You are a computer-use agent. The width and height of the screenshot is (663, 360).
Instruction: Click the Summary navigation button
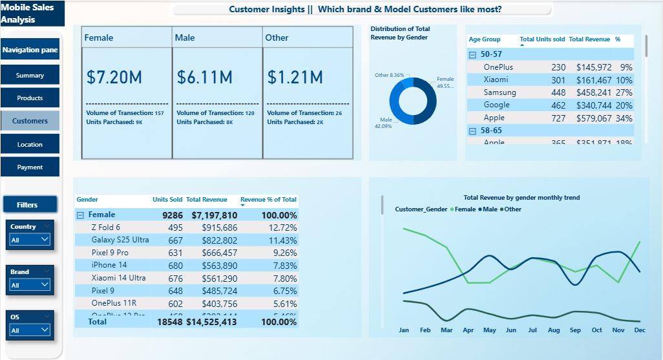point(30,76)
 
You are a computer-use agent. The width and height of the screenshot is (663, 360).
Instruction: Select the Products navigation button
point(30,98)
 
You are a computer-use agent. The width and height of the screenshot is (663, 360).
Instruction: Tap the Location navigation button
point(30,145)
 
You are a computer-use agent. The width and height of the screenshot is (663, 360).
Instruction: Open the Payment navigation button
point(30,167)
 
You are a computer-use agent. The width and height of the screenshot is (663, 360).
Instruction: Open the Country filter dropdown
point(30,239)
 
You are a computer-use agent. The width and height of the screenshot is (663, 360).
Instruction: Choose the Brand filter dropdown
point(30,284)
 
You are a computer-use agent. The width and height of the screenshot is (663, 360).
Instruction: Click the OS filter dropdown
point(30,330)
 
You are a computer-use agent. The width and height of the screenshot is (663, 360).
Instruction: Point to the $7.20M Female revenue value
point(114,78)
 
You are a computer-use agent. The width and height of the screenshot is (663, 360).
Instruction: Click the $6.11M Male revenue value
point(205,78)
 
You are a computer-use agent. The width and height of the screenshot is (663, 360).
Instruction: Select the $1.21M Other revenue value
point(295,78)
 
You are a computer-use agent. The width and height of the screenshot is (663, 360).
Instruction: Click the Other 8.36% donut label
point(390,76)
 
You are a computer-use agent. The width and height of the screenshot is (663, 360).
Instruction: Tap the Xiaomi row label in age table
point(496,79)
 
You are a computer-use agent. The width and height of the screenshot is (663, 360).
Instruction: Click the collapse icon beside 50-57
point(472,55)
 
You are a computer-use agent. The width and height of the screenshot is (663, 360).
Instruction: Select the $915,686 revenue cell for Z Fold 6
point(219,228)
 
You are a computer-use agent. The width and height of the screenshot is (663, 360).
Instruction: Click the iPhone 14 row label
point(109,265)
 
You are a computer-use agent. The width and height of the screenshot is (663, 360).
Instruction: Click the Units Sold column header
point(167,200)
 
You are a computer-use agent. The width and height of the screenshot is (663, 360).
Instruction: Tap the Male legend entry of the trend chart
point(489,209)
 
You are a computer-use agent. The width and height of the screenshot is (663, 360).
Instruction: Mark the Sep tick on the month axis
point(575,330)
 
